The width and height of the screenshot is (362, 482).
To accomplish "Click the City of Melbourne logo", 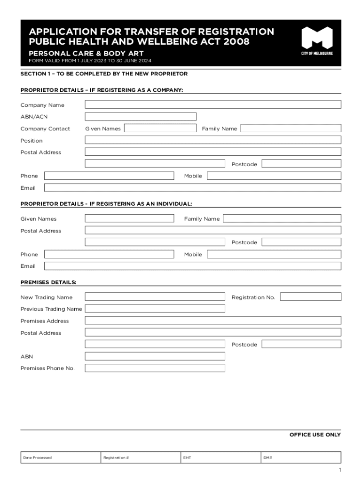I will pos(317,41).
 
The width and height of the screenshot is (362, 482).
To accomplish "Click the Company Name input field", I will pos(213,104).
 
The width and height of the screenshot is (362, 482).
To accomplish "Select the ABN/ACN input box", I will pos(141,116).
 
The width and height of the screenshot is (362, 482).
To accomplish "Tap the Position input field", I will pos(213,140).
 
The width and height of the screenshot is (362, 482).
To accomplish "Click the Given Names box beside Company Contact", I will pos(160,128).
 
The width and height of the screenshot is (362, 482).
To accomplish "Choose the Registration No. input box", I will pos(311,297).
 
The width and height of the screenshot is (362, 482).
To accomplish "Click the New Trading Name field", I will pos(155,297).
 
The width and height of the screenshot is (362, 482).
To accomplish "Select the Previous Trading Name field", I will pos(155,308).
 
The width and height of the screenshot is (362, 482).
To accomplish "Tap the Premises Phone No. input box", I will pos(155,368).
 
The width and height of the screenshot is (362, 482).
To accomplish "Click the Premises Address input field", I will pos(213,320).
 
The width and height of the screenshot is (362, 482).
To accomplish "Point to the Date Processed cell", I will pos(61,457).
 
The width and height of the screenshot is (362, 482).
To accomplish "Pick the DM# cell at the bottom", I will pos(300,457).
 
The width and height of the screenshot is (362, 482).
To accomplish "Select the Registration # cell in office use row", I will pos(141,457).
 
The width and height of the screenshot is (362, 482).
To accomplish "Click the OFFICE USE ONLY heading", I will pos(315,434).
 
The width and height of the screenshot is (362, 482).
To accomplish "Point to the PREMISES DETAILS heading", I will pos(48,282).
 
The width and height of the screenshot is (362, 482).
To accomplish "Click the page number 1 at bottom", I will pos(339,470).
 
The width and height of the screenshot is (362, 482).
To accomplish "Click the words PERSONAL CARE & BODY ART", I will pos(86,53).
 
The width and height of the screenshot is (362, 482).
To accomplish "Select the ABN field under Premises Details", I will pos(155,356).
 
